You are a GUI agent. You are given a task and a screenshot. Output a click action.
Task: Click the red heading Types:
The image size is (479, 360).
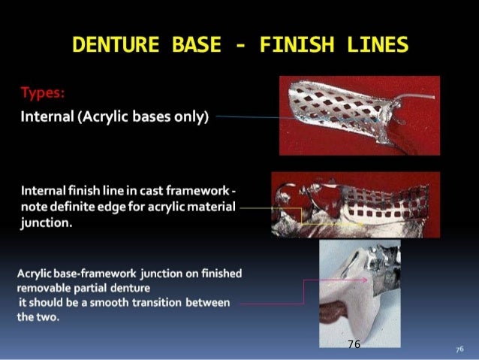pyautogui.click(x=41, y=94)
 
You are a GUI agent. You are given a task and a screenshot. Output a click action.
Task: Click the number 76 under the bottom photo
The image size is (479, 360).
pyautogui.click(x=354, y=343)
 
